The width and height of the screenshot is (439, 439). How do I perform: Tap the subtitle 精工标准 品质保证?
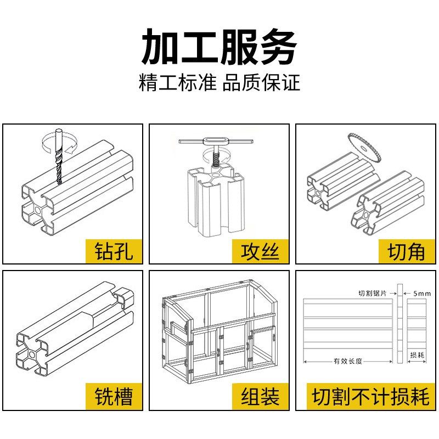pos(219,83)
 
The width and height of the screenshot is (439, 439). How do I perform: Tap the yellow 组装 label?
pos(260,396)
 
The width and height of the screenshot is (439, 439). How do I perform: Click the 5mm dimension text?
pos(422,294)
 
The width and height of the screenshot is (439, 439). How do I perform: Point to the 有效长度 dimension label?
pos(347,361)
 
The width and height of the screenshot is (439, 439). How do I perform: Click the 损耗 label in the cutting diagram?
pos(417,355)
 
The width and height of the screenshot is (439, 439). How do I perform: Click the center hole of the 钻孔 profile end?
pos(38,209)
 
